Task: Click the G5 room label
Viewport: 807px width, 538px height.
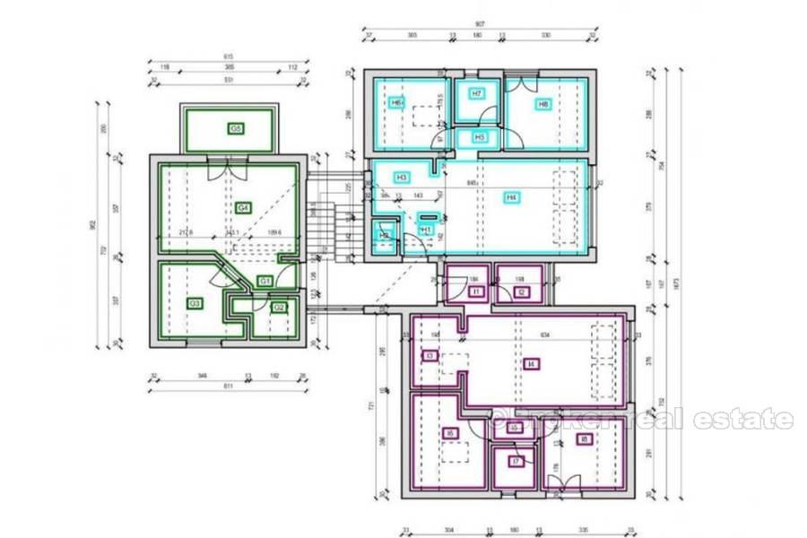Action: coord(236,129)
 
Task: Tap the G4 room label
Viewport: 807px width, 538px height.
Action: coord(242,208)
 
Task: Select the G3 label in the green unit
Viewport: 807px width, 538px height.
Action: coord(195,304)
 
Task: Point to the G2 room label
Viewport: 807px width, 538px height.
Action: coord(279,308)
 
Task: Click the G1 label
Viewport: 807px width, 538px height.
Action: coord(265,281)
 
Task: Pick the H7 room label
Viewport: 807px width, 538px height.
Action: coord(477,93)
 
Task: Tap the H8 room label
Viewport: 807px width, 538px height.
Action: coord(542,104)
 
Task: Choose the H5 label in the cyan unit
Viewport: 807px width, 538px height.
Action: coord(480,137)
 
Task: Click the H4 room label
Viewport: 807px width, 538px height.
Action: coord(511,197)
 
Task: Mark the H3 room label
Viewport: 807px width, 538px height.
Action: coord(402,178)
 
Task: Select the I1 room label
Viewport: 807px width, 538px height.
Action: coord(476,291)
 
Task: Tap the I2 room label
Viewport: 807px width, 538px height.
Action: coord(521,291)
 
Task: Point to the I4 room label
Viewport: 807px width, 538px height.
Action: coord(533,363)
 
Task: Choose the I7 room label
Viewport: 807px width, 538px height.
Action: coord(516,462)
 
